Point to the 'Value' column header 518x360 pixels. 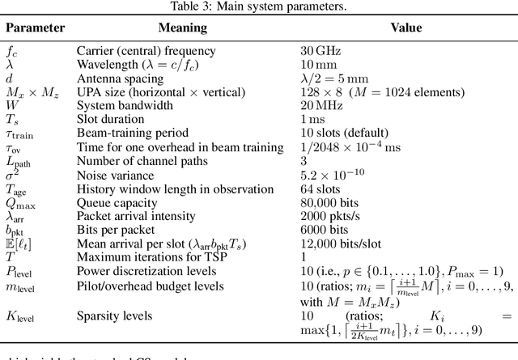pos(405,28)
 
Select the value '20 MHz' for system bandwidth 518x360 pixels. pos(324,104)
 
